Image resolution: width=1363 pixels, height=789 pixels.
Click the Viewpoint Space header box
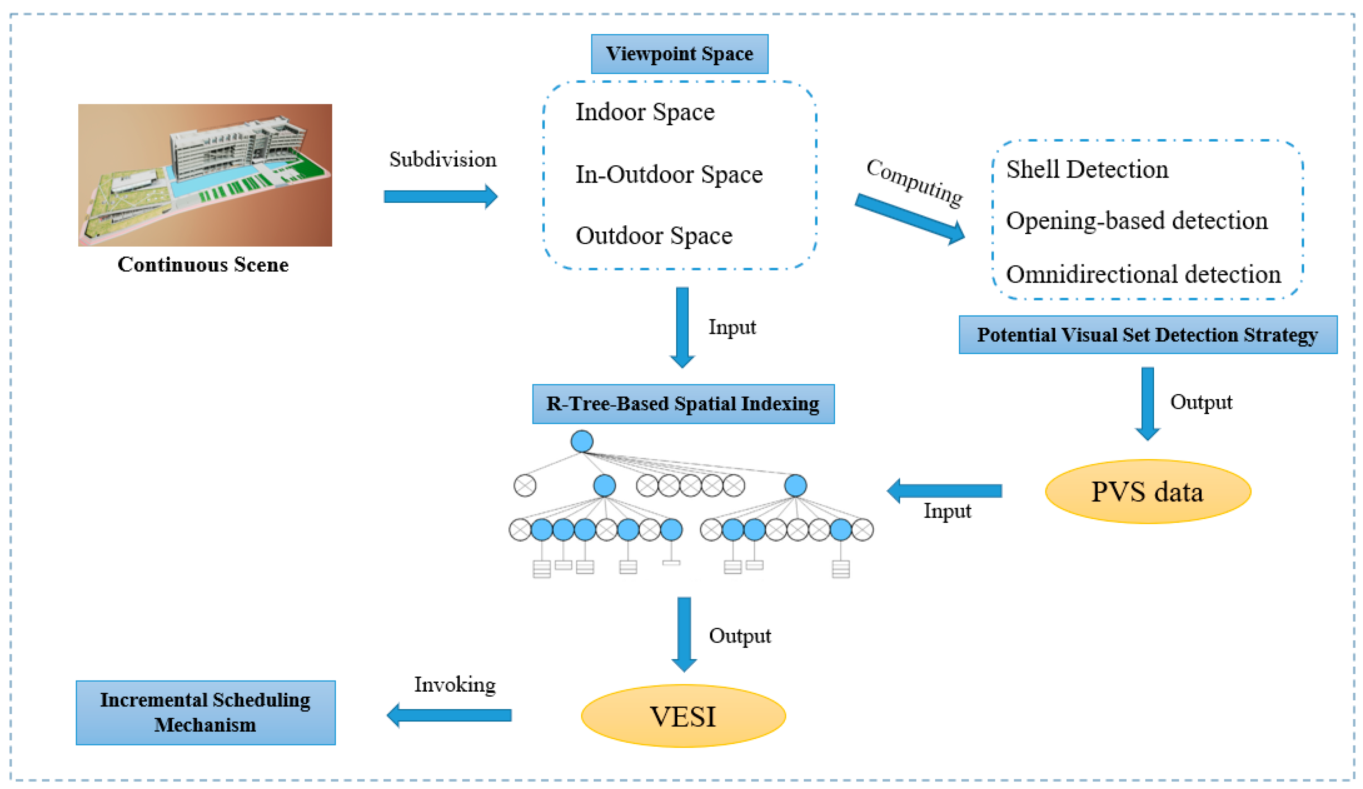pos(679,54)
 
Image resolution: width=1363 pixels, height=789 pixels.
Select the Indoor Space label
pos(645,112)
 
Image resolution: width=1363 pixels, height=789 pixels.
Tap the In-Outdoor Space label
pos(669,174)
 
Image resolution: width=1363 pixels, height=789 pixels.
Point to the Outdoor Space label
pos(654,235)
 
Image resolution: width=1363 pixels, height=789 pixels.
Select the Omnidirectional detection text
pos(1143,274)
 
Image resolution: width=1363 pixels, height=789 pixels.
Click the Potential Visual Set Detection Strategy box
pos(1148,335)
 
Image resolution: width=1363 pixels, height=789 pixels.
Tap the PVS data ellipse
pos(1148,492)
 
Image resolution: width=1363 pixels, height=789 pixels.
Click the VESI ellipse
pos(683,716)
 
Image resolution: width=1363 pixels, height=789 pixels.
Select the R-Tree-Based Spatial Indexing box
pos(683,404)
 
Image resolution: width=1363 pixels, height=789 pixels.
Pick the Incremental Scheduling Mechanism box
pos(206,713)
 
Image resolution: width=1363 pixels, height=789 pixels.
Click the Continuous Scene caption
pos(203,264)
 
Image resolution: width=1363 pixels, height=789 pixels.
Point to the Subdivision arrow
pos(440,196)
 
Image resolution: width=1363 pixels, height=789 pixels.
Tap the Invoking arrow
pos(449,715)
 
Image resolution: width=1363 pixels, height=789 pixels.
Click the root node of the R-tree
pos(582,441)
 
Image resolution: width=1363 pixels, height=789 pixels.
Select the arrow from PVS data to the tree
pos(944,490)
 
